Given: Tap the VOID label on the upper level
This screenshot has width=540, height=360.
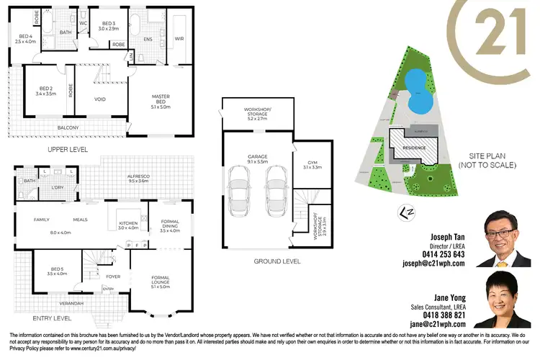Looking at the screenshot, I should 101,99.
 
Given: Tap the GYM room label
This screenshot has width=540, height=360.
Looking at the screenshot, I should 312,164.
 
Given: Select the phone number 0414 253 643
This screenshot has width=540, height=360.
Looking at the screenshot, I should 438,254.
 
